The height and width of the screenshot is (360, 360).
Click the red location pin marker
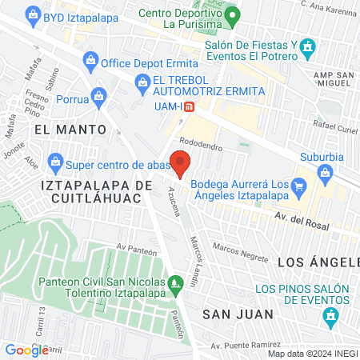pos(181,164)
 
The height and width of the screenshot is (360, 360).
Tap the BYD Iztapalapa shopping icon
pos(32,14)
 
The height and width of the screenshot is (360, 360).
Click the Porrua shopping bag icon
pos(98,96)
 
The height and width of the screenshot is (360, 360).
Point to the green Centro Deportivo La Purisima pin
pos(232,14)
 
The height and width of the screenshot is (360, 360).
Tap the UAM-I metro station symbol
pos(188,106)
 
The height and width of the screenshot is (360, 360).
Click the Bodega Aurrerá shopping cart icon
pos(298,186)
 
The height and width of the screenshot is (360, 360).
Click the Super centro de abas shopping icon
pos(55,163)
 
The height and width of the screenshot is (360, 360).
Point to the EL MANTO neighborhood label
pos(70,129)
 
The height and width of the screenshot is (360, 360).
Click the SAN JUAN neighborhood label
pos(238,314)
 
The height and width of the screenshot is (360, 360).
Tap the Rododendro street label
pos(201,146)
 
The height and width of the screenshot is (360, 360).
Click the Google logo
pos(26,350)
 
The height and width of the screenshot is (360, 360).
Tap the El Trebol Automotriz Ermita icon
pos(142,81)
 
